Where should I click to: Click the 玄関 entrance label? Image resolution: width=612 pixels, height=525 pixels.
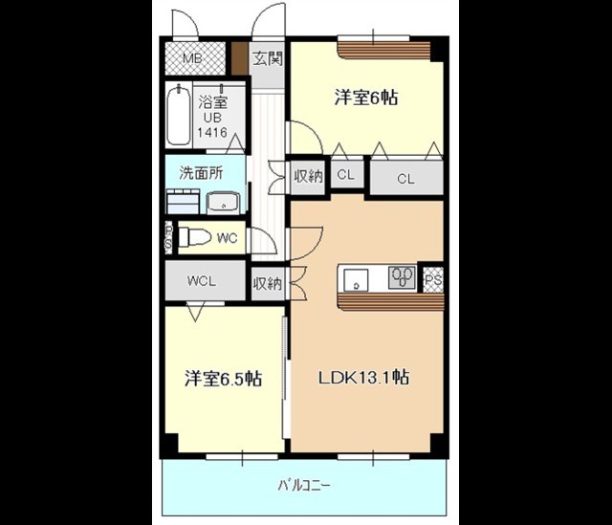[x=268, y=58]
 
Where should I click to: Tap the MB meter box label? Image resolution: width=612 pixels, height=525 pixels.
[x=193, y=59]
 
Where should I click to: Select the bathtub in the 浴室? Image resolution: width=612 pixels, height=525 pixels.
[x=179, y=115]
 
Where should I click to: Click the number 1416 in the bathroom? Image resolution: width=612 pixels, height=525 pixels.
[x=212, y=132]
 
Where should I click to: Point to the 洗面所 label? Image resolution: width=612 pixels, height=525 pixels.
[x=201, y=173]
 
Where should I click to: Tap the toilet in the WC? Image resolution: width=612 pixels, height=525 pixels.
[x=195, y=237]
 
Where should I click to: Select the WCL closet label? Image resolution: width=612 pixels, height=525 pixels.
[x=202, y=281]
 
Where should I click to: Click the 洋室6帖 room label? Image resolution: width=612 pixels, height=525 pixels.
[x=366, y=97]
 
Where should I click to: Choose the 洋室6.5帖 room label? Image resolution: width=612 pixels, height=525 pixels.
[x=223, y=378]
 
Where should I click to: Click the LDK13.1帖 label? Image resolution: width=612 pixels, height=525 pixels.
[x=363, y=378]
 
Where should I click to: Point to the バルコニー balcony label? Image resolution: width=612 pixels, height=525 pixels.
[x=304, y=486]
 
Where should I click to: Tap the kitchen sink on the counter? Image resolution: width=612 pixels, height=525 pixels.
[x=356, y=279]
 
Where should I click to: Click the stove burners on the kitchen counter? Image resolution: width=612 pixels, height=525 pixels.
[x=402, y=277]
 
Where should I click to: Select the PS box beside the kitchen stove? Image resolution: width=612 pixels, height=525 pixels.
[x=433, y=280]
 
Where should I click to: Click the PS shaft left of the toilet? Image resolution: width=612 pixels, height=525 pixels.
[x=168, y=237]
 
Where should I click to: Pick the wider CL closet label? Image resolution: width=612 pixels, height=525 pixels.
[x=405, y=179]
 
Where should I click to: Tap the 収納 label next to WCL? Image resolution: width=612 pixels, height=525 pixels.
[x=268, y=283]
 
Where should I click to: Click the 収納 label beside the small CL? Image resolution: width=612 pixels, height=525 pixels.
[x=308, y=176]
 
